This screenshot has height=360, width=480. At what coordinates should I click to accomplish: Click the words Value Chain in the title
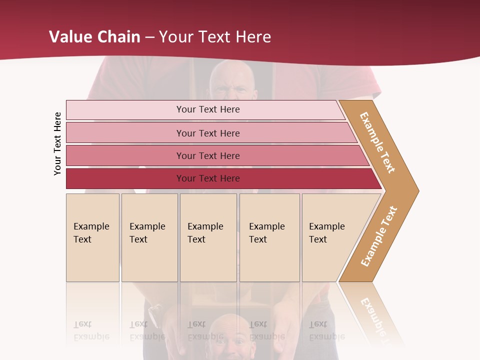94,36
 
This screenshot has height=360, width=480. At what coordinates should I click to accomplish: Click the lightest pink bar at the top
125,110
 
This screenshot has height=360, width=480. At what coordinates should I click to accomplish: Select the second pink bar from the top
125,133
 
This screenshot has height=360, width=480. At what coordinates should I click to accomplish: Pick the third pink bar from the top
125,155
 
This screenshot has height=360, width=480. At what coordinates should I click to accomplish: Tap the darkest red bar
125,178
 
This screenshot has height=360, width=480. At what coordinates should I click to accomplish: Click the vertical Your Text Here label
57,143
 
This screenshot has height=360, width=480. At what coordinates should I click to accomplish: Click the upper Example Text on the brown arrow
377,142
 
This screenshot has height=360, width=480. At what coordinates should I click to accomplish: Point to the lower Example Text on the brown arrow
379,236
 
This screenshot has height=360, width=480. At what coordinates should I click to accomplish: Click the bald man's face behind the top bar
231,82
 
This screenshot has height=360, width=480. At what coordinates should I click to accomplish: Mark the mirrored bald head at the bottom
232,335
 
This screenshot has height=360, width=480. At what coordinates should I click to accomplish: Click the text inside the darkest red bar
208,178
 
